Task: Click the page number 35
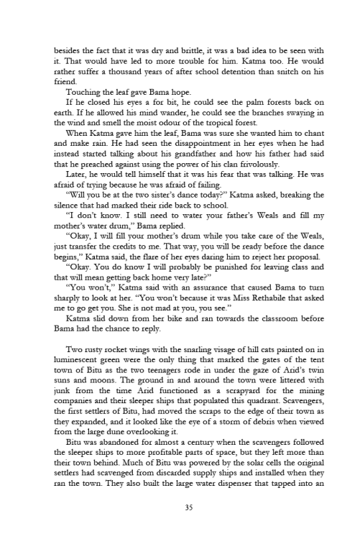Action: [180, 508]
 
